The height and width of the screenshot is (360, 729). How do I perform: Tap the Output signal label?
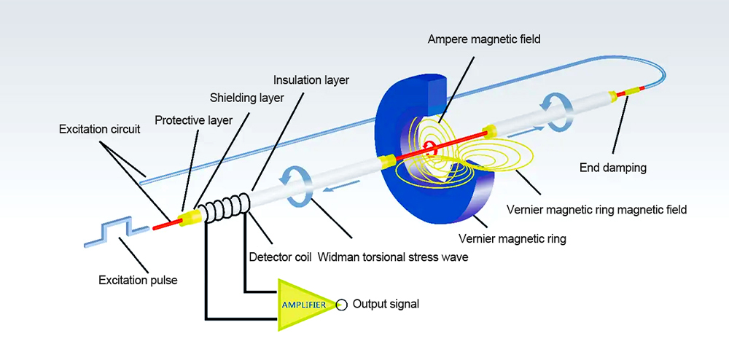tap(386, 304)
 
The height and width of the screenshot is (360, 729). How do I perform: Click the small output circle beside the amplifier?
tap(341, 303)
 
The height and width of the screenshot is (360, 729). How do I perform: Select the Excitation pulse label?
tap(138, 280)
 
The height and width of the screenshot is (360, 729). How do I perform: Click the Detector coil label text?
tap(280, 257)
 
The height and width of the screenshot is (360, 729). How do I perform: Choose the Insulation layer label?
tap(311, 79)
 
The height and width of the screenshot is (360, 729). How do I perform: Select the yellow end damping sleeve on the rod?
tap(624, 93)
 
